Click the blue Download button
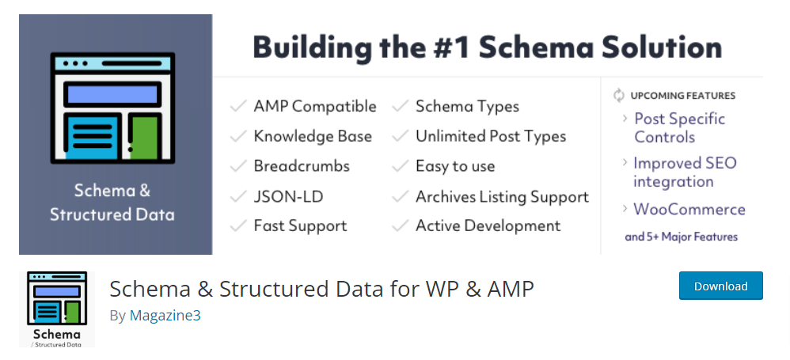720,286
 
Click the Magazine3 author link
165,316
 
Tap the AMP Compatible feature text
314,106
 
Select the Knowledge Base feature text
312,136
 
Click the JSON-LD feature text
288,196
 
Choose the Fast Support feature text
300,226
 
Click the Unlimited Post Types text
491,136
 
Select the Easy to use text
454,166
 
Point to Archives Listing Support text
502,196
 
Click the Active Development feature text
488,226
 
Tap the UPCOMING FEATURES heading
682,96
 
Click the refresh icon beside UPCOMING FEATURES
619,96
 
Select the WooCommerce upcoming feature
689,210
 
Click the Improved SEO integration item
684,172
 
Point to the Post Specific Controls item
679,127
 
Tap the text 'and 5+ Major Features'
681,237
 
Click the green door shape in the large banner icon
144,135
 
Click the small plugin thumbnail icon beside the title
55,309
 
